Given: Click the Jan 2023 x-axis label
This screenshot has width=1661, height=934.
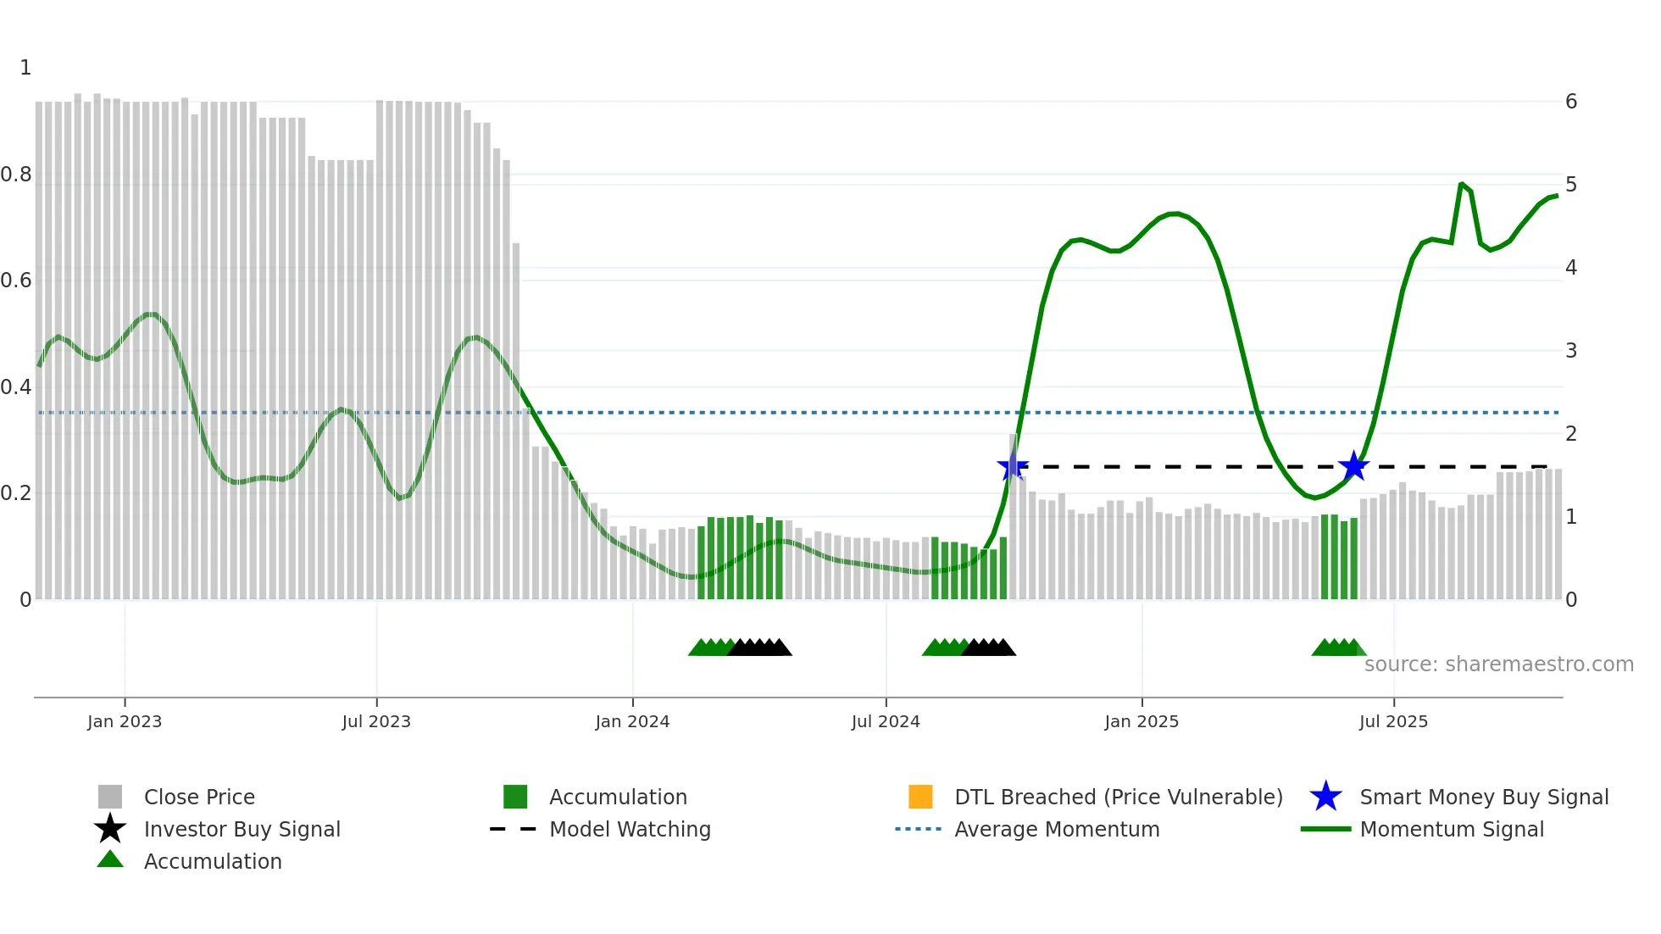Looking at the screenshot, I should point(124,722).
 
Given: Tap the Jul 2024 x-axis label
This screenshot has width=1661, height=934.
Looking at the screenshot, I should point(885,722).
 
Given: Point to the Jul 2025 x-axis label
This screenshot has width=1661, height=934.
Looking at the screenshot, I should point(1393,722).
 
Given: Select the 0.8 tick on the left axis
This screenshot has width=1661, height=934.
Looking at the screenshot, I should point(17,175).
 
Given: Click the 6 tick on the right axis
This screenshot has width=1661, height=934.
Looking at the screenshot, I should point(1571,102).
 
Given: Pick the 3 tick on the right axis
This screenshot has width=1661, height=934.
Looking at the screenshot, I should point(1571,351).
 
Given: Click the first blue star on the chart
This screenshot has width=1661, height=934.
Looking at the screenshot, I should point(1013,466).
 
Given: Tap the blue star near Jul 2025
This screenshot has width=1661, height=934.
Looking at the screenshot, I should point(1354,466).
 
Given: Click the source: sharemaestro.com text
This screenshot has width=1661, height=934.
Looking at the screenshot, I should point(1498,664).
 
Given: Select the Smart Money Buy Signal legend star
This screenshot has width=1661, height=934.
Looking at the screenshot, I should point(1325,797).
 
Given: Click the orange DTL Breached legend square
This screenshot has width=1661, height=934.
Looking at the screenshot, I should point(920,797).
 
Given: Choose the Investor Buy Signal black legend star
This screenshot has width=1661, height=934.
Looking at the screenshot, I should point(110,829).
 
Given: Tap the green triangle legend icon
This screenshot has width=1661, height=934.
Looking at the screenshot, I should point(110,859).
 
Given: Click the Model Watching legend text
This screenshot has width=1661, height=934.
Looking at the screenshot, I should point(630,829).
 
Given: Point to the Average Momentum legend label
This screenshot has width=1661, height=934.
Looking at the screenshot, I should point(1057,829).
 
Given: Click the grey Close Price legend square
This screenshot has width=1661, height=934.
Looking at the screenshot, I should point(110,797).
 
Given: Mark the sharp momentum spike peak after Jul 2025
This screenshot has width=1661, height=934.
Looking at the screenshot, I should point(1462,184).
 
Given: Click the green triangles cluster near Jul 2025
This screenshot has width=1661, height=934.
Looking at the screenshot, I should point(1338,648).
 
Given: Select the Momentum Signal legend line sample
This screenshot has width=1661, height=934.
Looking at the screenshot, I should point(1325,829).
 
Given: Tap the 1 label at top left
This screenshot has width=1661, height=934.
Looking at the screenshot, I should point(25,68).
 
